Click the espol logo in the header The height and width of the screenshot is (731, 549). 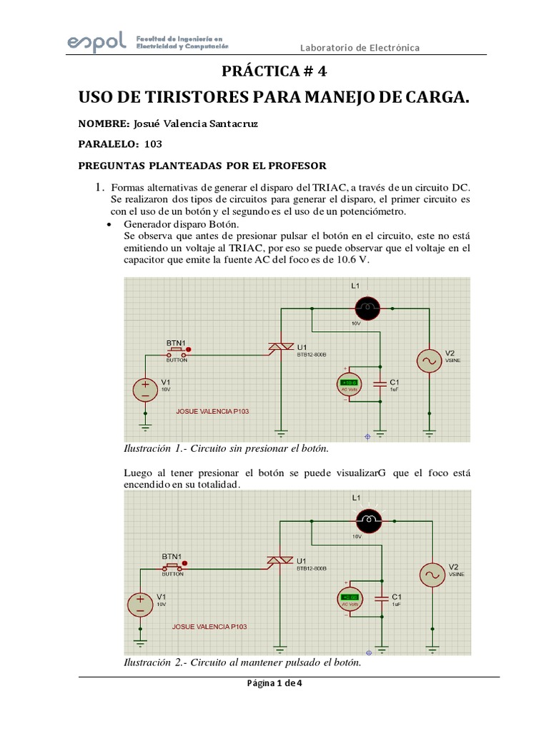[x=96, y=41]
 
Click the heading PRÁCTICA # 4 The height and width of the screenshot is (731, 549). [x=274, y=71]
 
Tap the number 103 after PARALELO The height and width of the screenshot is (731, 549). [x=153, y=143]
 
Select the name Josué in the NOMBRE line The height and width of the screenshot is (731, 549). [x=148, y=123]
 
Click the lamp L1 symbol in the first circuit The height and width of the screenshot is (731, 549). [x=368, y=308]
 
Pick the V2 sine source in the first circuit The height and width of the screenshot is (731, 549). [x=430, y=362]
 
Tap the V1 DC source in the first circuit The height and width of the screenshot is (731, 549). [x=145, y=390]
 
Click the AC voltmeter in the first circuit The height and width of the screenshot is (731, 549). [x=350, y=385]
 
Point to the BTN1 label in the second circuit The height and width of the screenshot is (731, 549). [x=172, y=556]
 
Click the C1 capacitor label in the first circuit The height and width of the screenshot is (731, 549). [x=394, y=382]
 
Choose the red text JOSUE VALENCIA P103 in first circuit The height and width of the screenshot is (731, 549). [x=212, y=411]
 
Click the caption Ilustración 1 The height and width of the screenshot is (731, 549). [x=226, y=448]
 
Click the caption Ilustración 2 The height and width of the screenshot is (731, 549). [x=242, y=662]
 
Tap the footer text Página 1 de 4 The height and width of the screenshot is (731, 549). [x=275, y=682]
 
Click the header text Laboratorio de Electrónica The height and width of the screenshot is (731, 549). [x=359, y=48]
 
